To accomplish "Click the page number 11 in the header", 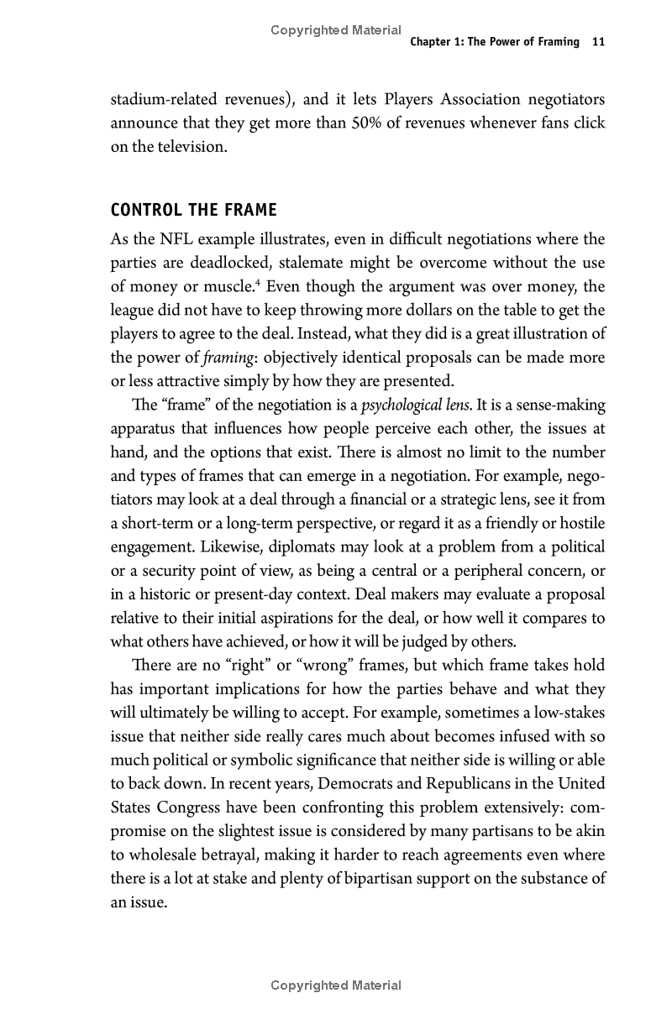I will coord(598,42).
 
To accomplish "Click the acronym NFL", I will coord(176,239).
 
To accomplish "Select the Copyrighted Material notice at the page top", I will coord(336,30).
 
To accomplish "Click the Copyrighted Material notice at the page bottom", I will coord(336,985).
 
